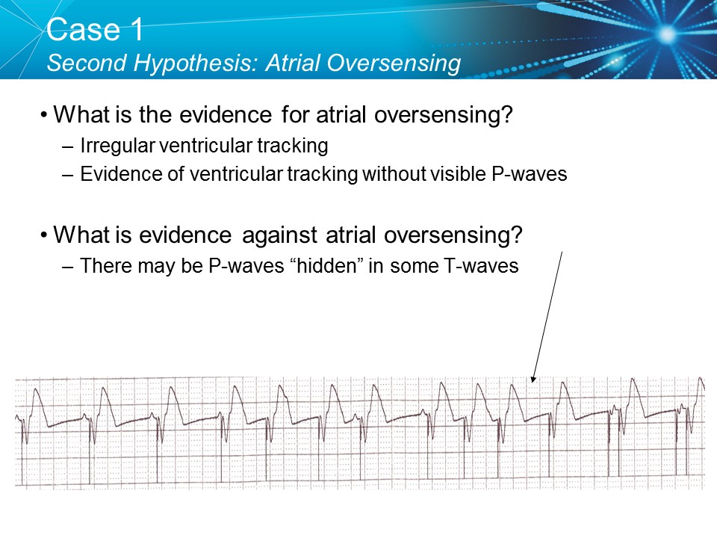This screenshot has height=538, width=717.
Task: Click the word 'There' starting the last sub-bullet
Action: pos(103,265)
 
